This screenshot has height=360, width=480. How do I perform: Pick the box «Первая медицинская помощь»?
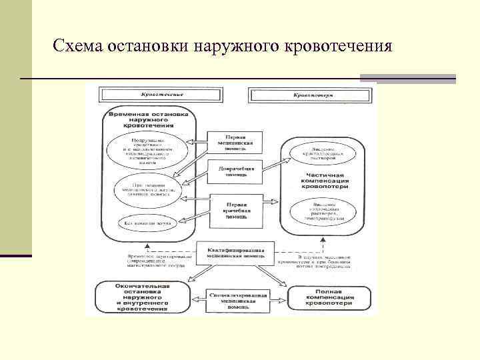pyautogui.click(x=235, y=143)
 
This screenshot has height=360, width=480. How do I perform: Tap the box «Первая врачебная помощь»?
pyautogui.click(x=235, y=207)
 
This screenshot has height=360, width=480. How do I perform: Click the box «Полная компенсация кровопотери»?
pyautogui.click(x=327, y=297)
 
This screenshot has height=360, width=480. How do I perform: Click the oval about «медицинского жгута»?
pyautogui.click(x=148, y=189)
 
